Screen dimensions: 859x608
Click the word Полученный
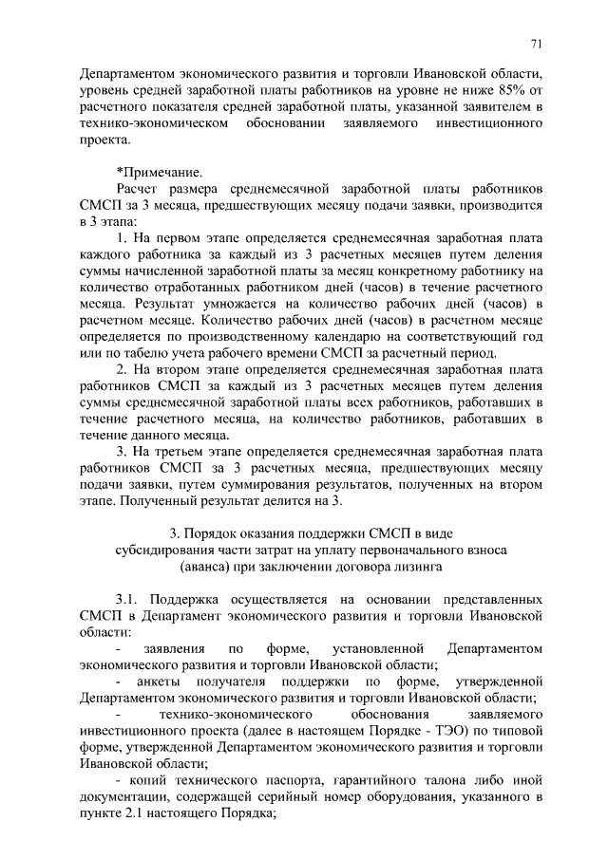point(162,500)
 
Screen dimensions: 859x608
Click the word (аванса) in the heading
point(206,567)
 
